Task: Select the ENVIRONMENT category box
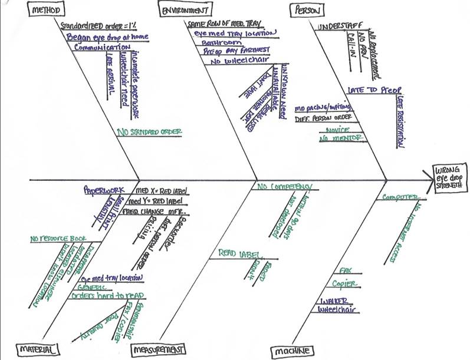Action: [x=184, y=10]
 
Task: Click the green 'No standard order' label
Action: [x=149, y=132]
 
